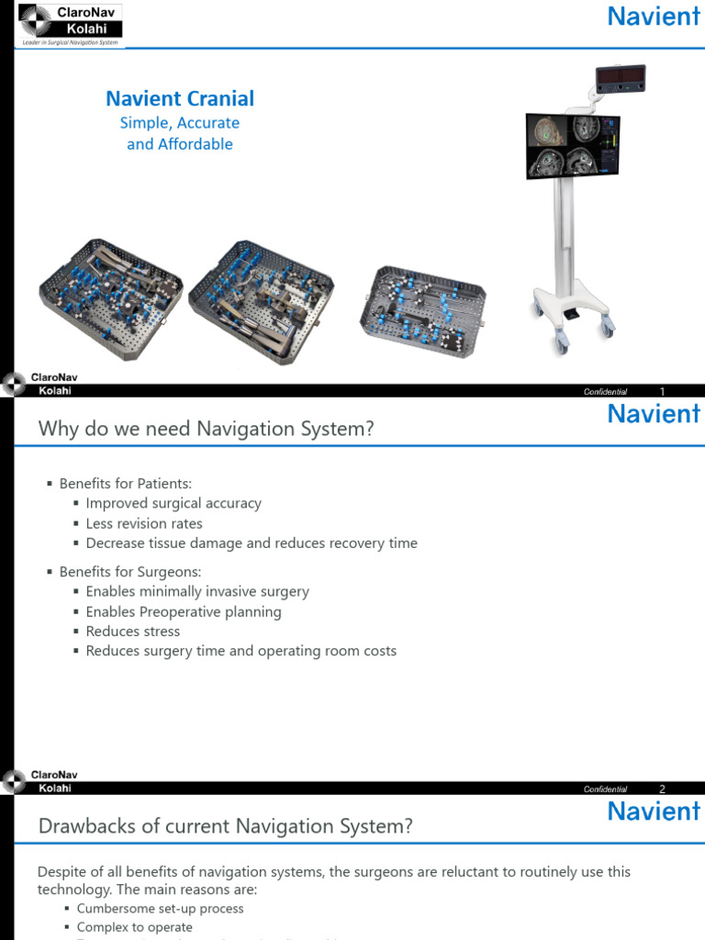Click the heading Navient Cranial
coord(180,98)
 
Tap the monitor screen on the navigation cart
coord(572,146)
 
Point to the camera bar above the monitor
coord(621,79)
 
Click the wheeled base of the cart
coord(574,317)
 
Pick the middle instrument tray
coord(261,298)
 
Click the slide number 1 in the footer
coord(662,392)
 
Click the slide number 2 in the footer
coord(662,789)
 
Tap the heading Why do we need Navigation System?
coord(206,429)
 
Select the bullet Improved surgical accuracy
coord(173,503)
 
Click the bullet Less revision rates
coord(144,523)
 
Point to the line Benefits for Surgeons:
coord(130,571)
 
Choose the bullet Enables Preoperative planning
coord(184,611)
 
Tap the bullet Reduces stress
coord(133,632)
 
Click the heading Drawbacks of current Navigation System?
coord(225,826)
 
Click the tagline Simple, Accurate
coord(180,123)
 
